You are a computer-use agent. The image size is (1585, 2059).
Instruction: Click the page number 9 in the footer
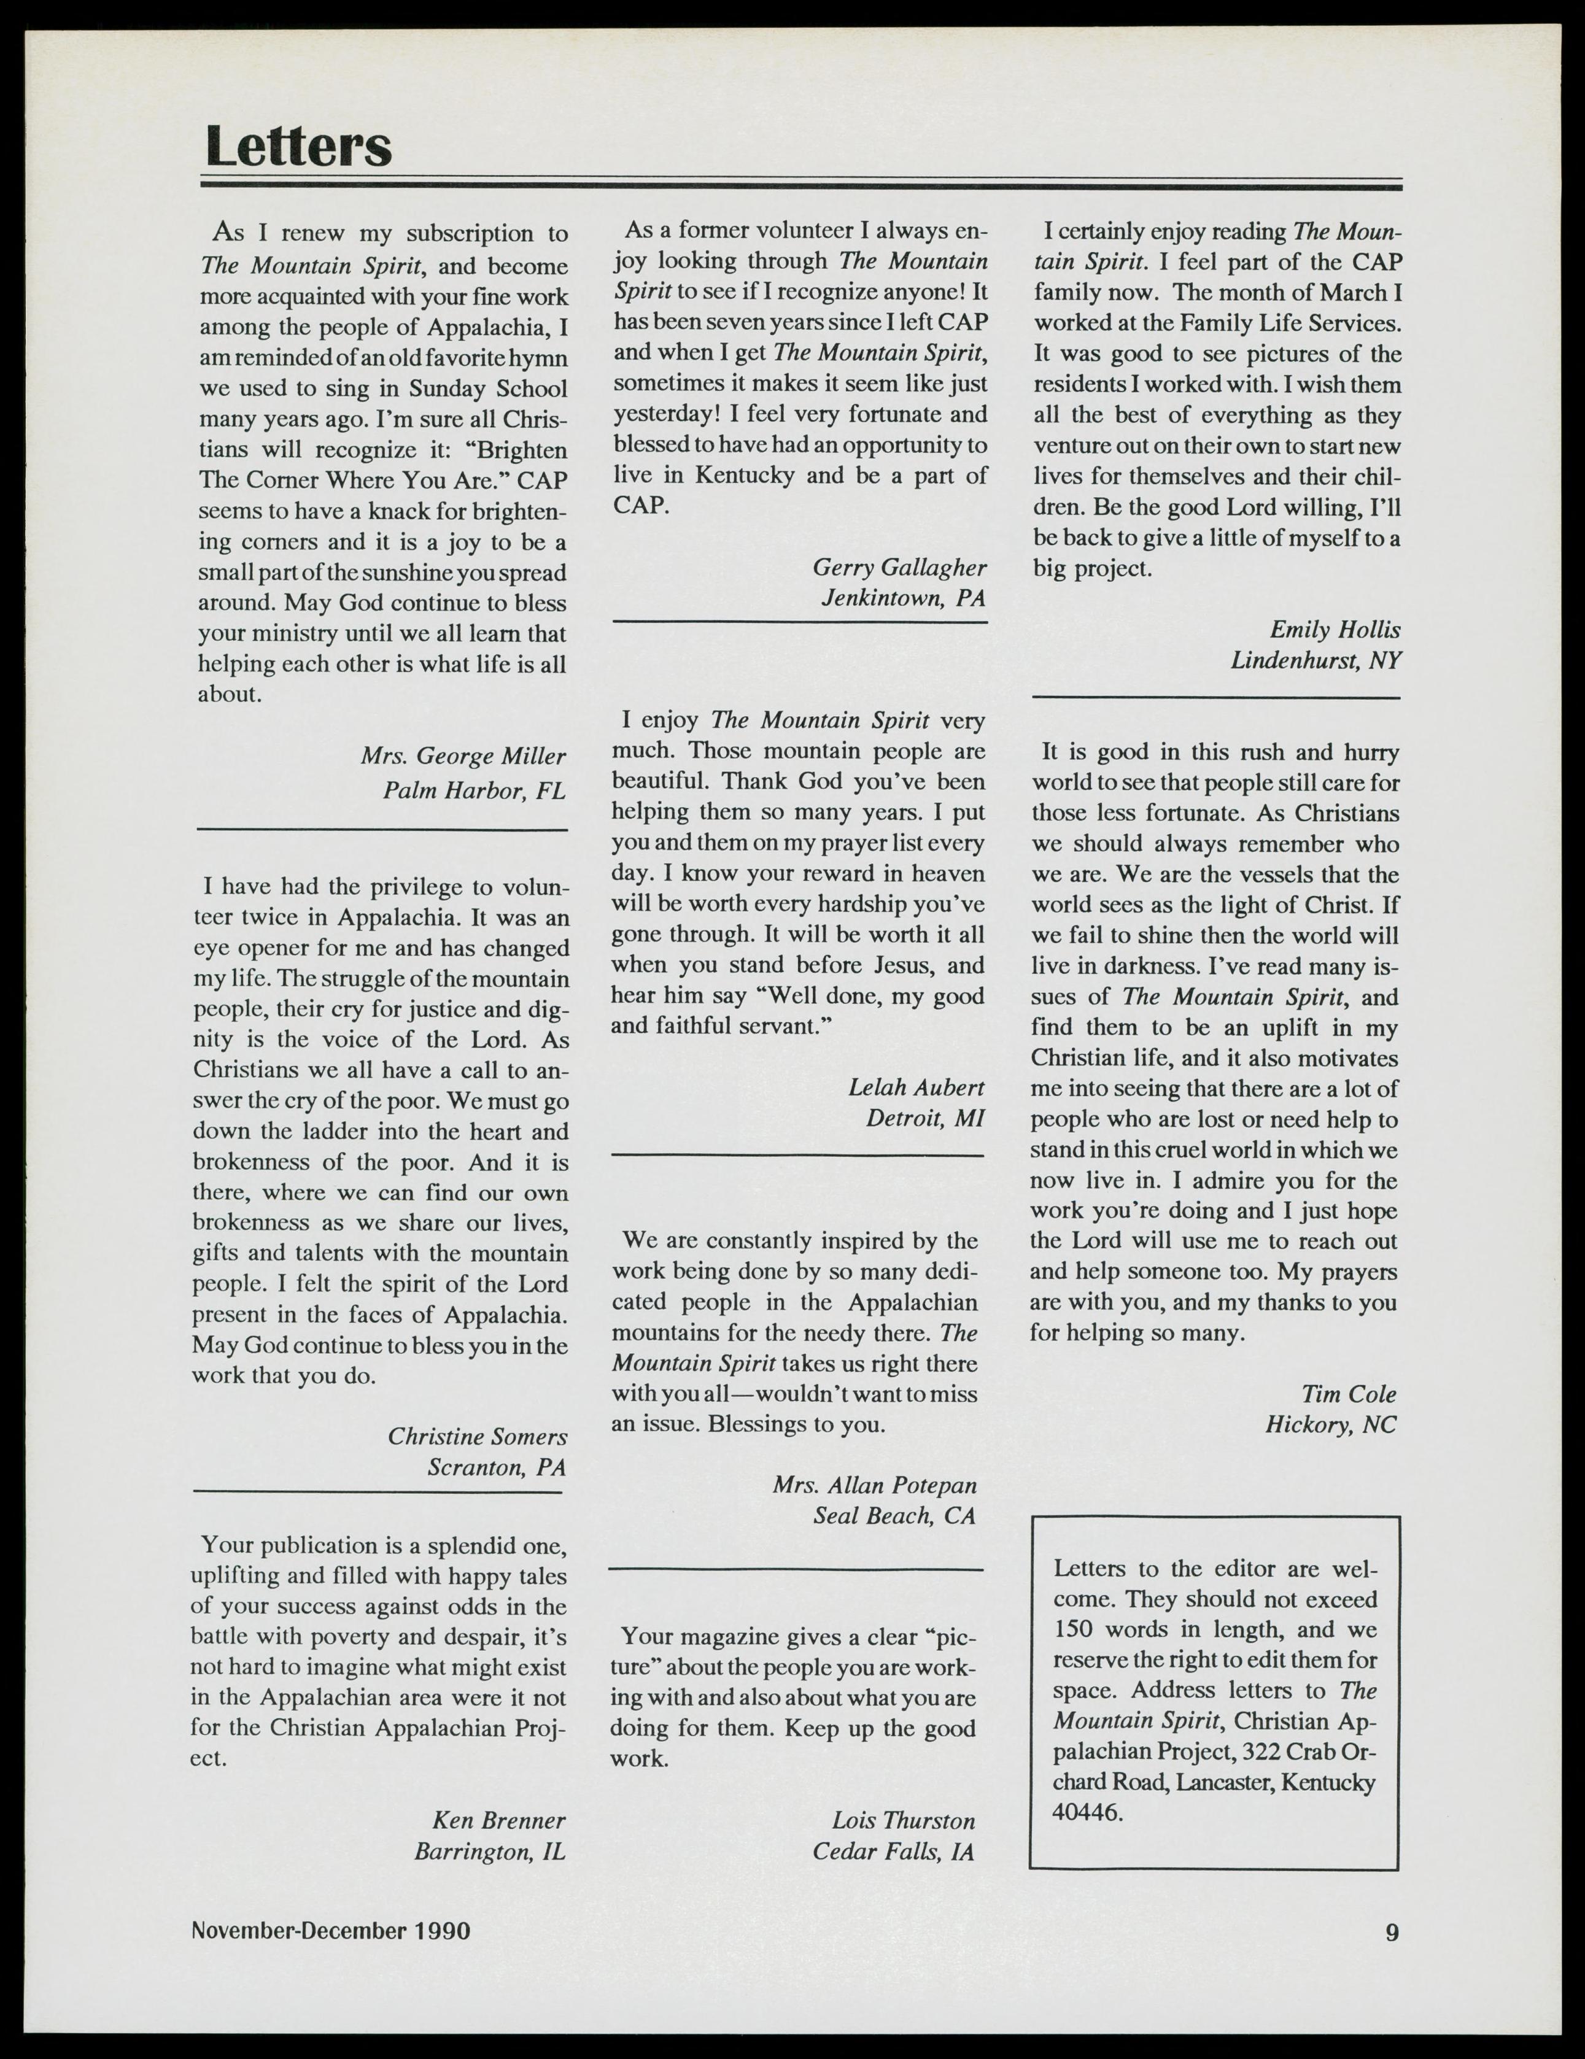point(1392,1933)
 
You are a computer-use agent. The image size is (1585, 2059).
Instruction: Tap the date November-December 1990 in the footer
point(331,1930)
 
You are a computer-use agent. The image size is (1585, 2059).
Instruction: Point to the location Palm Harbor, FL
point(473,790)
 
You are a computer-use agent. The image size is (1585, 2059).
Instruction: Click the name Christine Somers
point(477,1436)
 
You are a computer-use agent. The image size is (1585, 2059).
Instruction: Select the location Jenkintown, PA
point(903,598)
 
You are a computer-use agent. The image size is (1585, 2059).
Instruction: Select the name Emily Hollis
point(1334,630)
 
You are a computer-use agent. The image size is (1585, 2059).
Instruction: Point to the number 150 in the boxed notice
point(1072,1629)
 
